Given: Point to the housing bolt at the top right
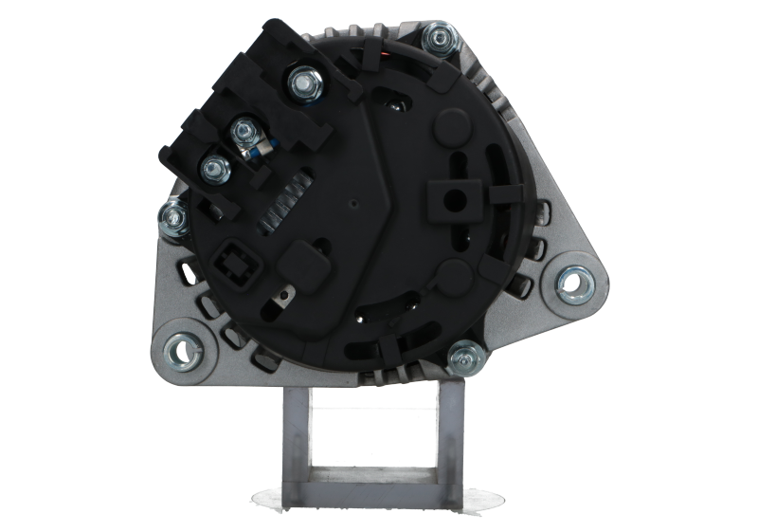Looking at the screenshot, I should pos(439,40).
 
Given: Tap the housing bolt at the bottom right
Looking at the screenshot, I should pos(464,358).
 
